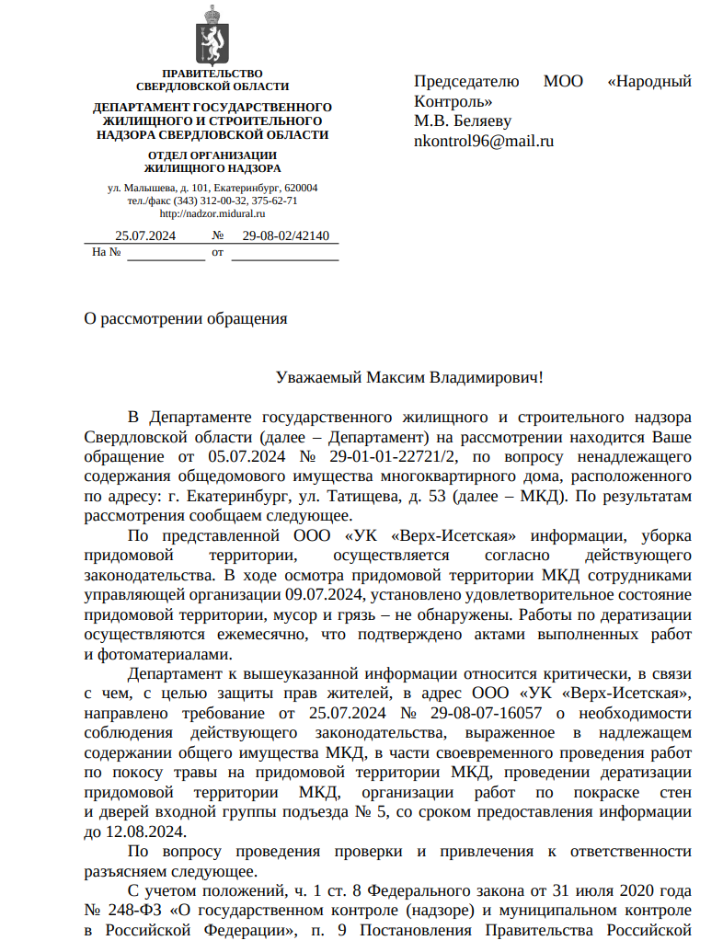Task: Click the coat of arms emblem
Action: pos(212,35)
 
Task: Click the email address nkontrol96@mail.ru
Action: pos(484,142)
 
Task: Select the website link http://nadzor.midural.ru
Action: pos(212,212)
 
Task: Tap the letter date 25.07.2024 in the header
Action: pos(145,235)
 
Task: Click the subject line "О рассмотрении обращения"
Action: pos(186,319)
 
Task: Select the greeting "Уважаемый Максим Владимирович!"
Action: pos(410,378)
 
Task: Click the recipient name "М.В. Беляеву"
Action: pos(462,121)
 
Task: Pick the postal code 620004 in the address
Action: pos(300,188)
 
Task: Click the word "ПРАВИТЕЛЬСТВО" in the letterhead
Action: pos(212,74)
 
